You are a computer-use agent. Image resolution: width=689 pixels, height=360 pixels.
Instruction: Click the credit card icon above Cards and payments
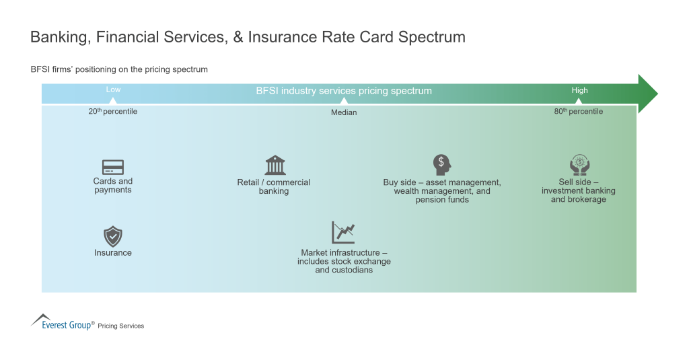(112, 167)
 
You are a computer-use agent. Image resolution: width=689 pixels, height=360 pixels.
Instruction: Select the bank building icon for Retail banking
(275, 166)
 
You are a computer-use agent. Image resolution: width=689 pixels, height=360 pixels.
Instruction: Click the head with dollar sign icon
(441, 165)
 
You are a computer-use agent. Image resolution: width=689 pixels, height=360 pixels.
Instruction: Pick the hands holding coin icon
(579, 166)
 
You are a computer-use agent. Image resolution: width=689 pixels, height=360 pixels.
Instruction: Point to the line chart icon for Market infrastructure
(343, 233)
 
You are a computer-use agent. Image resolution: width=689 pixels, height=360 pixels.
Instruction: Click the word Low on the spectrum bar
(113, 90)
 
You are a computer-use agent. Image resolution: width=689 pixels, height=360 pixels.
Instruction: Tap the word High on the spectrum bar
(579, 90)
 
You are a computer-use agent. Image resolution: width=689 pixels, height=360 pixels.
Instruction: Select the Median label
(344, 112)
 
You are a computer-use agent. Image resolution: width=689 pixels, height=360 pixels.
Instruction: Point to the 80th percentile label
(579, 112)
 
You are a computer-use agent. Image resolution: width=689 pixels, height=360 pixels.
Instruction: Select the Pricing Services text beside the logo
(121, 326)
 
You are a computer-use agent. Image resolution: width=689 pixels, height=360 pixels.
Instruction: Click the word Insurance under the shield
(112, 253)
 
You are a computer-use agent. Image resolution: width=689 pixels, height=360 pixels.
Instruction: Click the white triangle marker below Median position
(344, 101)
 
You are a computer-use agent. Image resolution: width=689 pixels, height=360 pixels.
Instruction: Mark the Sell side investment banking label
(579, 190)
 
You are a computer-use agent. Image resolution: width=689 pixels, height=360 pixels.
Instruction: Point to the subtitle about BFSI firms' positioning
(119, 69)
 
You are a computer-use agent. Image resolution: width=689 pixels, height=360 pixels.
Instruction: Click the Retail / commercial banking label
(274, 186)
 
